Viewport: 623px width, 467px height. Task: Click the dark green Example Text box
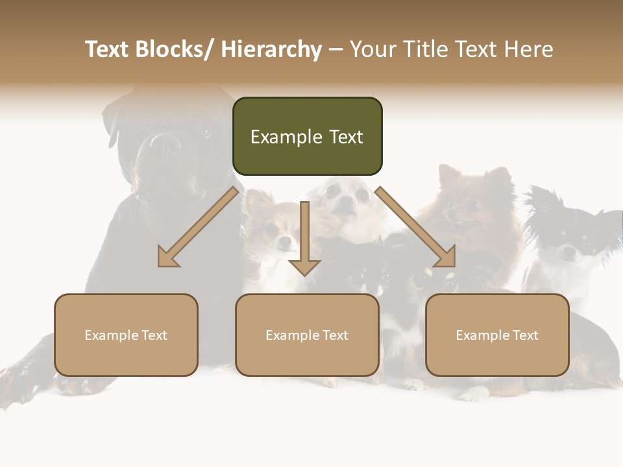pos(307,136)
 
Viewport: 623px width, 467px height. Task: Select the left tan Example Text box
pos(126,335)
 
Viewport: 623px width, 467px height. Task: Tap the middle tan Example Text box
pos(307,335)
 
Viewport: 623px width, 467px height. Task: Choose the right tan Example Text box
pos(497,335)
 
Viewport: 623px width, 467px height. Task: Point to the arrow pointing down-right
pos(415,227)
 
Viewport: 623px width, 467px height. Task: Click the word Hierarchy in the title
pos(271,49)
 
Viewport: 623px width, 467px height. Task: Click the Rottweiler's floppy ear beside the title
pos(114,120)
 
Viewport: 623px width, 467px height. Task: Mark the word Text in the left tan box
pos(154,335)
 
